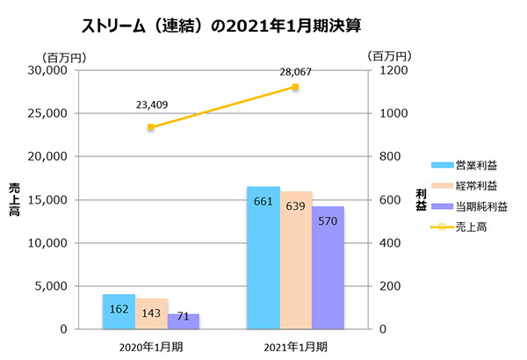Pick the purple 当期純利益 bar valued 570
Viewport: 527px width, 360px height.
(x=328, y=267)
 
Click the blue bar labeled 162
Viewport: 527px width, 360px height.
(x=119, y=312)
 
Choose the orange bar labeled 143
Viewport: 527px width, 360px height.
(x=151, y=313)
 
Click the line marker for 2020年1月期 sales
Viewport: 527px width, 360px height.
(x=151, y=127)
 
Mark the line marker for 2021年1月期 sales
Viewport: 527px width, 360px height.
(x=296, y=87)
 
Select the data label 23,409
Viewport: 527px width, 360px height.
(x=152, y=106)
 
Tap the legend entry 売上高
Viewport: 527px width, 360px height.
(x=471, y=227)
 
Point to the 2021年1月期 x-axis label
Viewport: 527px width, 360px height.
(x=296, y=346)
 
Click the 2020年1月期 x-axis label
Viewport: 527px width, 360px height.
(x=151, y=346)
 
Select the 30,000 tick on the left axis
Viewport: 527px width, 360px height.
(x=49, y=70)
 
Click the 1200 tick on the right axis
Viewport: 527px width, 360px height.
(x=384, y=70)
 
